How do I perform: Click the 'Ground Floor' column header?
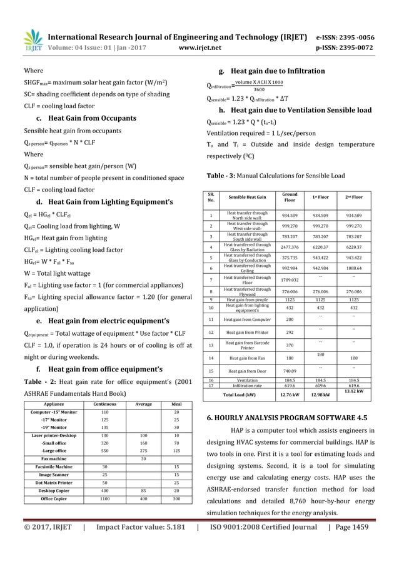pos(290,198)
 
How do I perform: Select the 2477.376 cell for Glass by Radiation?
pos(290,247)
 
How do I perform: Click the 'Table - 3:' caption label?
pos(220,175)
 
